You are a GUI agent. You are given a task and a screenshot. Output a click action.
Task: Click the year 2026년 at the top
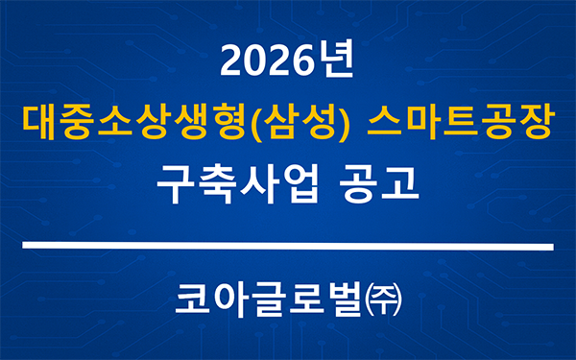(x=287, y=62)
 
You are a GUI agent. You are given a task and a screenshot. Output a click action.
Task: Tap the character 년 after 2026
(x=335, y=62)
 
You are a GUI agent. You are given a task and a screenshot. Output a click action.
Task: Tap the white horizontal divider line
(x=287, y=248)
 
